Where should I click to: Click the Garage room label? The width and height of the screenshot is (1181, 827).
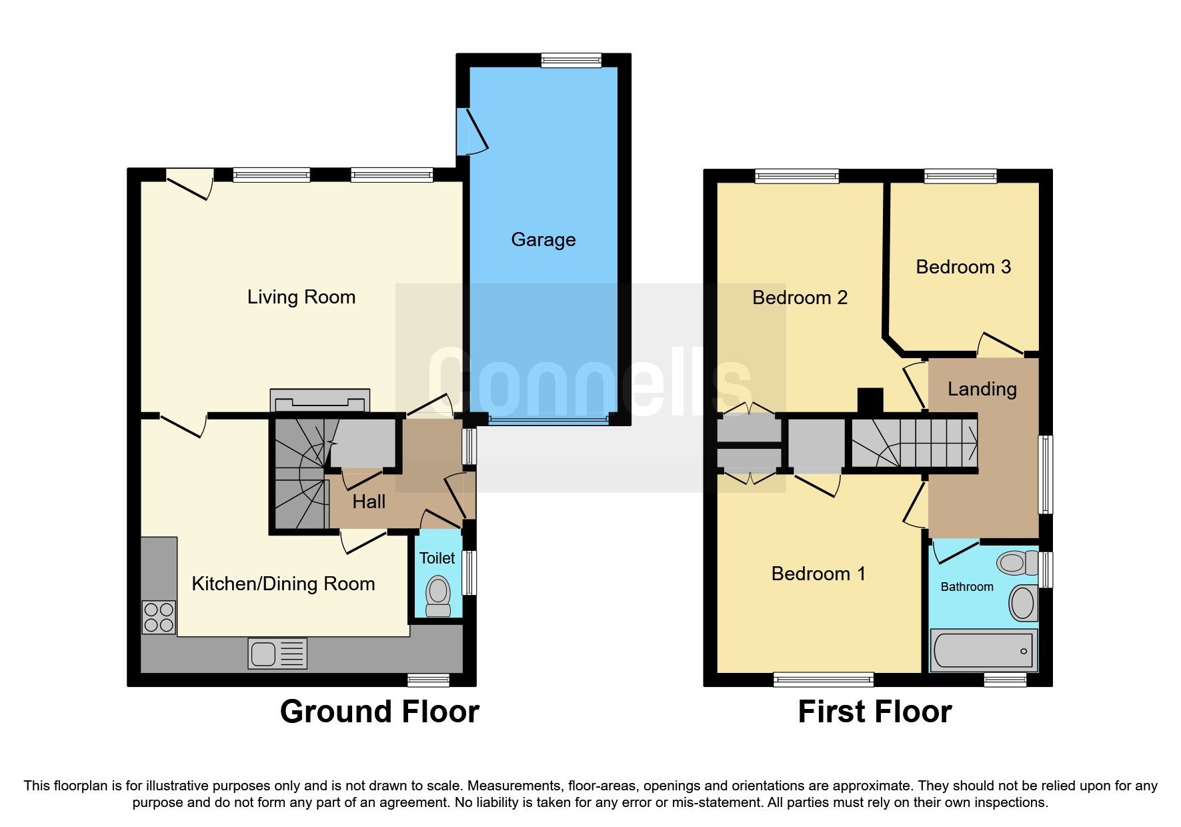pyautogui.click(x=543, y=239)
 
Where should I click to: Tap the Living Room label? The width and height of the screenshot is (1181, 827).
pyautogui.click(x=301, y=297)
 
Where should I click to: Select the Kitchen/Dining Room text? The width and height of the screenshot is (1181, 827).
pyautogui.click(x=283, y=584)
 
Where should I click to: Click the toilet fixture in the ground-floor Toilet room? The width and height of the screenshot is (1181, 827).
pyautogui.click(x=438, y=596)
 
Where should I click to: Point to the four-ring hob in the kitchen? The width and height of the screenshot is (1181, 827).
pyautogui.click(x=159, y=617)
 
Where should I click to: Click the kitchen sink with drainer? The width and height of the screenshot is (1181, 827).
pyautogui.click(x=277, y=653)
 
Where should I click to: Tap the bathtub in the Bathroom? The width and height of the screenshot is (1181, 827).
pyautogui.click(x=983, y=650)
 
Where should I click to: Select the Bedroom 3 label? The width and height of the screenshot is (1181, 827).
pyautogui.click(x=963, y=267)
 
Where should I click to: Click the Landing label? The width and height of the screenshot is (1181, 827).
pyautogui.click(x=982, y=389)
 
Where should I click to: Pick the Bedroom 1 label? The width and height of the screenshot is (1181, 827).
pyautogui.click(x=818, y=574)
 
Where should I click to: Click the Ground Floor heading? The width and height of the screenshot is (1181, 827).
pyautogui.click(x=379, y=712)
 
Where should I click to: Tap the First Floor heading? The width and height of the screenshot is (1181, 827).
pyautogui.click(x=874, y=712)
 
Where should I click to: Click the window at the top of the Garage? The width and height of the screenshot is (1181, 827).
pyautogui.click(x=571, y=61)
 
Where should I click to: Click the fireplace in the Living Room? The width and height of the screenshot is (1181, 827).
pyautogui.click(x=319, y=400)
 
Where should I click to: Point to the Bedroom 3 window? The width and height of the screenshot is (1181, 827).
pyautogui.click(x=960, y=176)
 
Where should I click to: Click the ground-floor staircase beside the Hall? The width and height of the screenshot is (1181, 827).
pyautogui.click(x=298, y=475)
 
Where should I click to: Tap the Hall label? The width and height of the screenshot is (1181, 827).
pyautogui.click(x=369, y=502)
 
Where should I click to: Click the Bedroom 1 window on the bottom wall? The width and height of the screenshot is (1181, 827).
pyautogui.click(x=823, y=679)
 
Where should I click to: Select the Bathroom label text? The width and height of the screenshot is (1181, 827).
pyautogui.click(x=966, y=587)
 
